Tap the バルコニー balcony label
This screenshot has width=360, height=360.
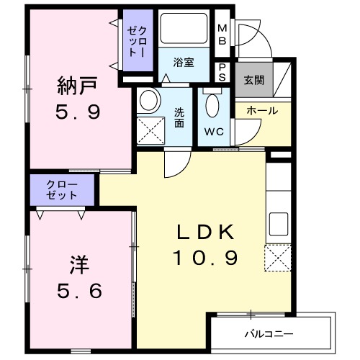pos(273,334)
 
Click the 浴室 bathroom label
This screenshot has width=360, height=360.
pos(183,63)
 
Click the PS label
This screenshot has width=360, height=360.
pos(222,72)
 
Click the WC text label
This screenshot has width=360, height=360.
pos(212,132)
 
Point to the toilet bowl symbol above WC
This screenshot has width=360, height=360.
pos(213,107)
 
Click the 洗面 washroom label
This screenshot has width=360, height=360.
pos(179,117)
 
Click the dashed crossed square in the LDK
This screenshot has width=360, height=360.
pos(277,258)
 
